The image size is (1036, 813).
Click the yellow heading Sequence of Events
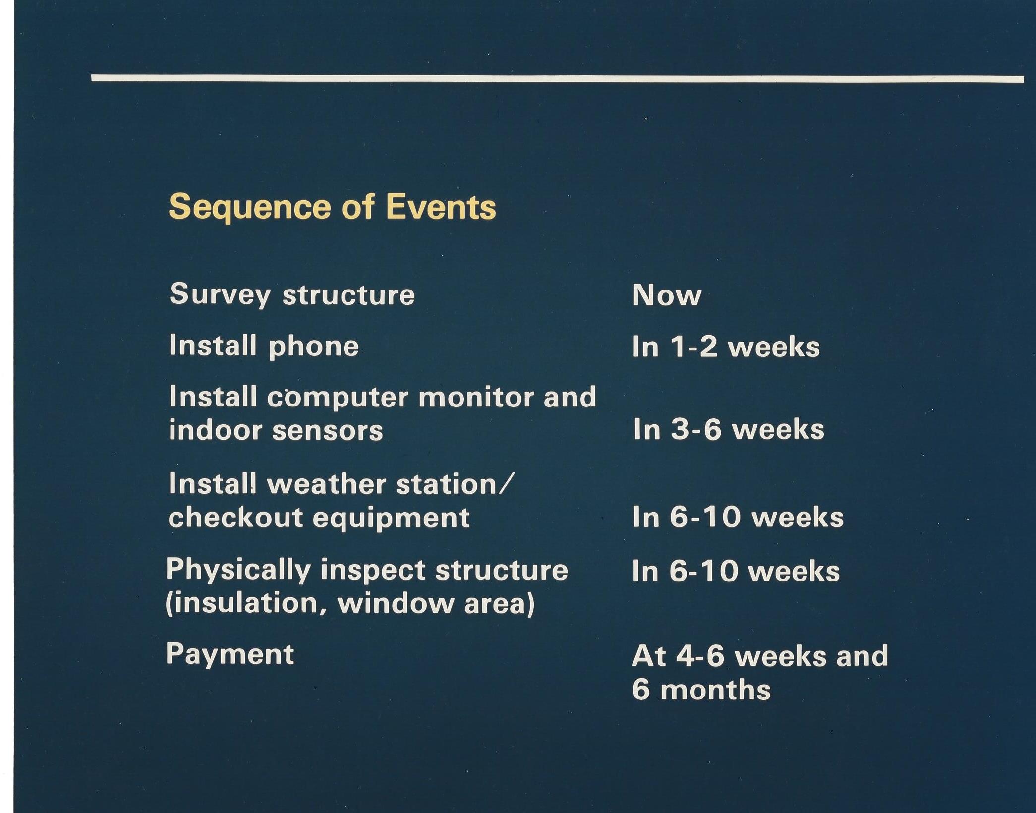coord(332,207)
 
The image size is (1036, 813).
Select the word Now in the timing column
coord(667,295)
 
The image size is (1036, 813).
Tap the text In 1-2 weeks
coord(726,346)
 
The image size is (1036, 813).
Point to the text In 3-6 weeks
coord(728,429)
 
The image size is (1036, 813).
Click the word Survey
coord(220,294)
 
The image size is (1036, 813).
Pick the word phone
coord(313,347)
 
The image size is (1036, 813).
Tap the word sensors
coord(328,430)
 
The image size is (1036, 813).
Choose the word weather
coord(327,484)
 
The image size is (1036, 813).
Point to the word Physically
coord(238,570)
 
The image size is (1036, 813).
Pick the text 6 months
coord(701,690)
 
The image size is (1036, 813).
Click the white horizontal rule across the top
coord(558,78)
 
